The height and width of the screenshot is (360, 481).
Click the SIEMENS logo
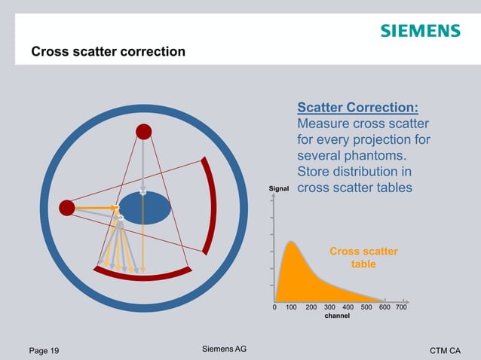419,31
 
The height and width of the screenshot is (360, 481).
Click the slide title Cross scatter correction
108,52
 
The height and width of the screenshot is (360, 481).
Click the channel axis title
336,316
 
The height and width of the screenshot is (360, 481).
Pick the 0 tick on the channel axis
274,307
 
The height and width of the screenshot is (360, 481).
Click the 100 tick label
291,307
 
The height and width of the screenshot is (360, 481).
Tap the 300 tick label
329,307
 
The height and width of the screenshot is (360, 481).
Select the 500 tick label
366,307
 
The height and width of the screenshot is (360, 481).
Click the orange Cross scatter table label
363,258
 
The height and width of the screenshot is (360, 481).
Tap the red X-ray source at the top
143,132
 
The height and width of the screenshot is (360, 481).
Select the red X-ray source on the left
67,207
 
